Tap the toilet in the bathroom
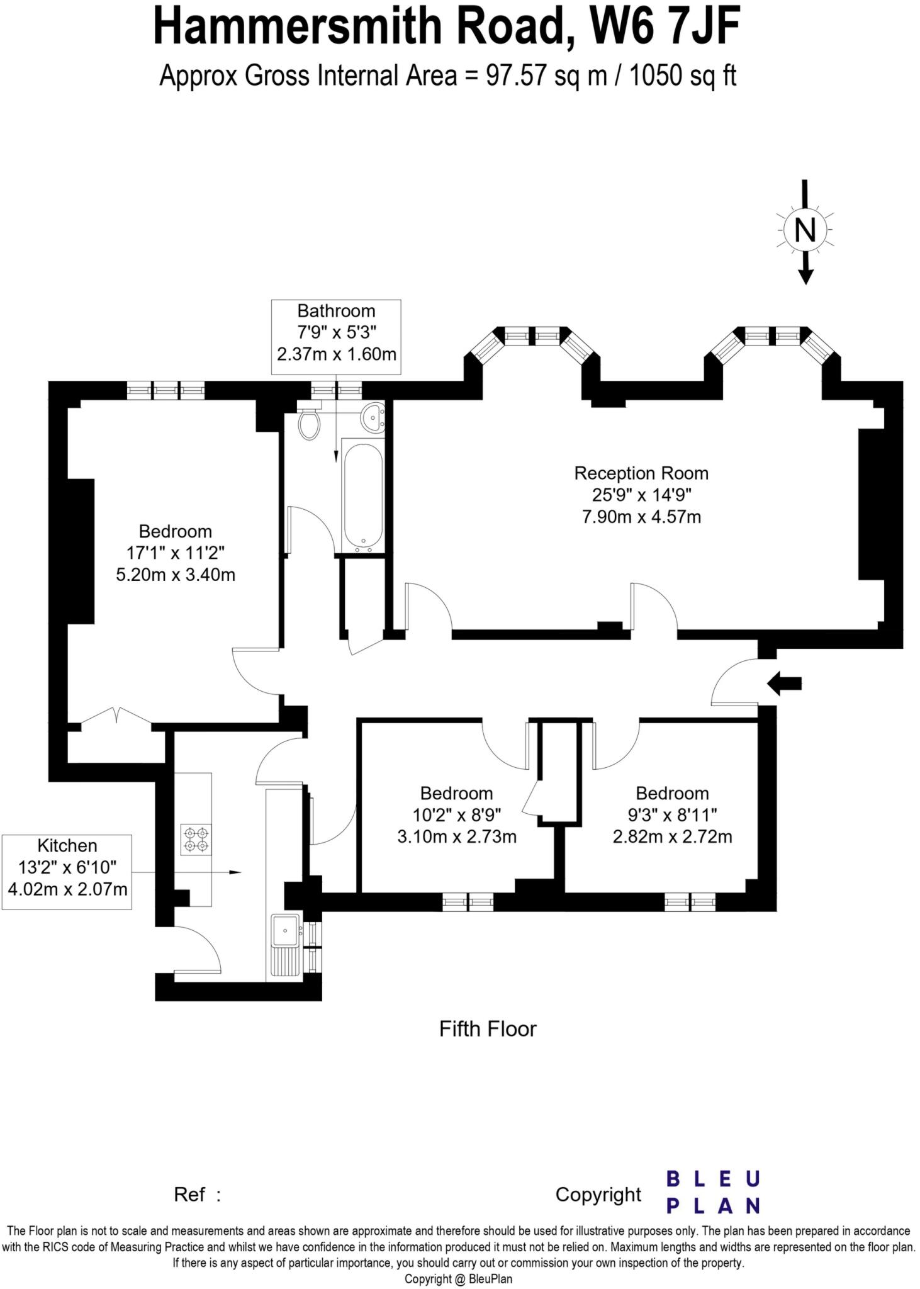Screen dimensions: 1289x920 pos(309,424)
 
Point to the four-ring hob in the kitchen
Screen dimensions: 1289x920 pos(196,840)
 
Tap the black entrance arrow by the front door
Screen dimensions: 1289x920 pos(785,683)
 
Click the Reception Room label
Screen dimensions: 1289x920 pos(641,473)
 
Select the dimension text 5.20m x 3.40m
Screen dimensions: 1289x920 pos(176,575)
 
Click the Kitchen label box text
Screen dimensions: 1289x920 pos(67,845)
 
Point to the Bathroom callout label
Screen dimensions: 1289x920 pos(336,311)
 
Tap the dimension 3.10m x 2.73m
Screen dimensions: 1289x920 pos(457,836)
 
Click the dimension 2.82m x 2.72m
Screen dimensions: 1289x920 pos(672,836)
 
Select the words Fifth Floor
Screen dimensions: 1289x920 pos(488,1029)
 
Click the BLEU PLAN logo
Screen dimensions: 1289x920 pos(712,1191)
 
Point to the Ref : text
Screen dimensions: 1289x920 pos(197,1194)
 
